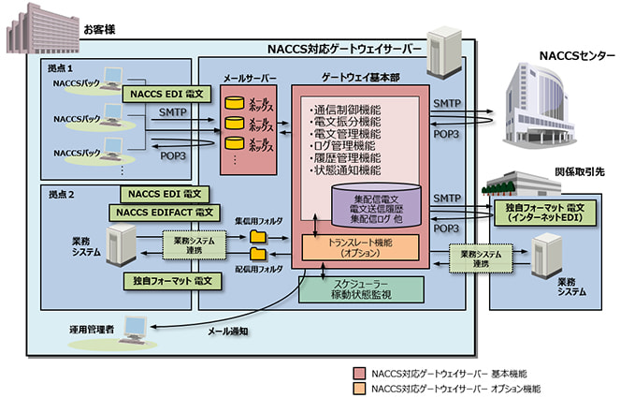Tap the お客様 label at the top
pyautogui.click(x=101, y=29)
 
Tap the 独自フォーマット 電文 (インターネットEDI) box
pyautogui.click(x=547, y=212)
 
